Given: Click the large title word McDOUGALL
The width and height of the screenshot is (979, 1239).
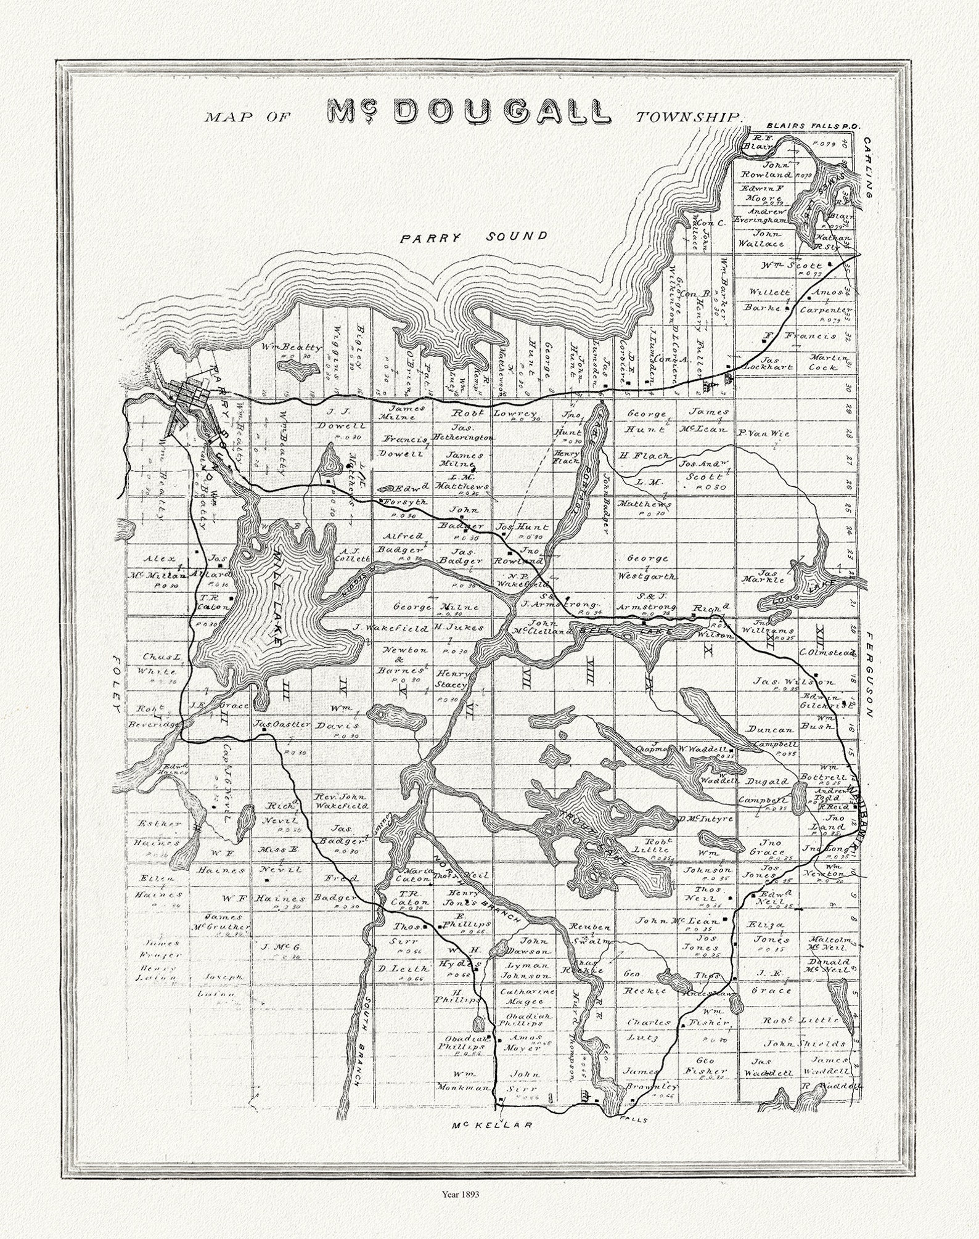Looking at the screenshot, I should (x=469, y=112).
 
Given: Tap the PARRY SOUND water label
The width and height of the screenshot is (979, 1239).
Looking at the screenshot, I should (x=473, y=237).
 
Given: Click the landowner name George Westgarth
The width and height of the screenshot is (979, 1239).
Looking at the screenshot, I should (x=651, y=567).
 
